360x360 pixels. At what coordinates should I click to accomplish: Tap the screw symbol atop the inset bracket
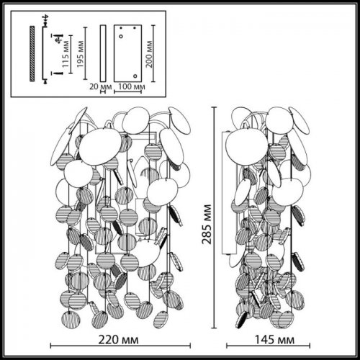click(x=46, y=18)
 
